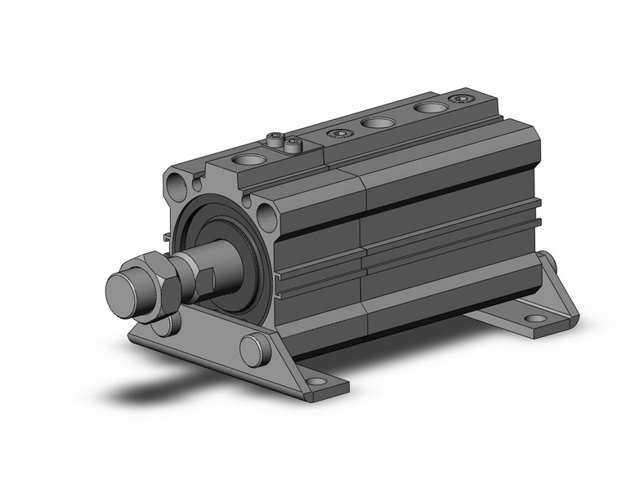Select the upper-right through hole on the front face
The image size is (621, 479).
point(266,215)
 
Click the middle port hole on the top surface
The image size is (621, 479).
point(377,124)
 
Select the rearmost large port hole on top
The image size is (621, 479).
point(430,107)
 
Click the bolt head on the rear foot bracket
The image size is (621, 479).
point(548,264)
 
